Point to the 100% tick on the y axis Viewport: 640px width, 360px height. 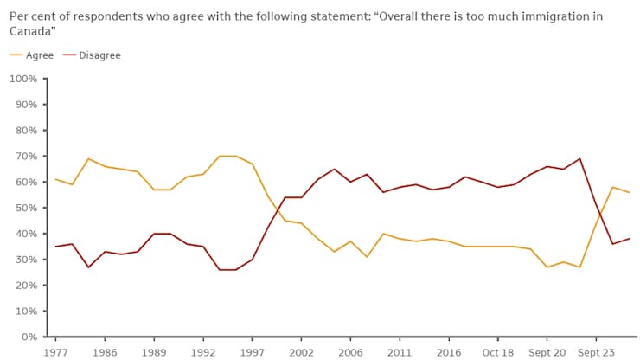[22, 79]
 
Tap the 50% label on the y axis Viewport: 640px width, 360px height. [25, 208]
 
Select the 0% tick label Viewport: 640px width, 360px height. [29, 337]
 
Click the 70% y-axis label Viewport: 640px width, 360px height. [25, 157]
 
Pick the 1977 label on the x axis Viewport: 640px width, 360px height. [56, 352]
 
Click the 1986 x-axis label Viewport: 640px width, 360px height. [105, 352]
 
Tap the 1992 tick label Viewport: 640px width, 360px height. [202, 352]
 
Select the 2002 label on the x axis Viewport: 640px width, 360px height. [300, 352]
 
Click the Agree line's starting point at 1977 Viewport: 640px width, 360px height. [56, 179]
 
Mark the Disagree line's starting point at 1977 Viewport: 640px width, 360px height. [56, 247]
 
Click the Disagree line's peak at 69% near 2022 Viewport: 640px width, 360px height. [579, 158]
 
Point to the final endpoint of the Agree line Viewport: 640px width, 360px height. [629, 192]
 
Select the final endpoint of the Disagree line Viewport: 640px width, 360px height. [629, 239]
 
